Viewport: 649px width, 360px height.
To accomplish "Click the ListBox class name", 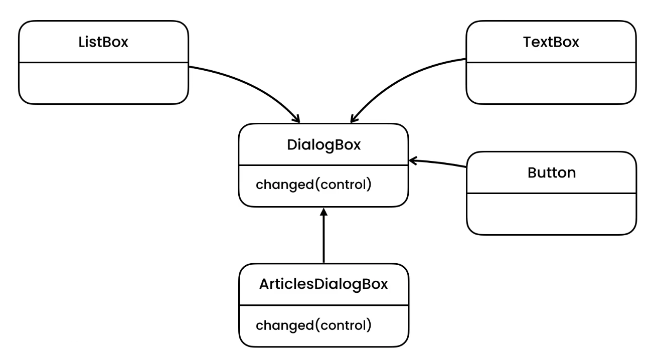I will [x=103, y=42].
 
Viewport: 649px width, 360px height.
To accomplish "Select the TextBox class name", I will [x=551, y=42].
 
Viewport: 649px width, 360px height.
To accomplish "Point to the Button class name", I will [x=551, y=173].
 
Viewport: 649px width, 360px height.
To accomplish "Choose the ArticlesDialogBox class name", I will [x=323, y=284].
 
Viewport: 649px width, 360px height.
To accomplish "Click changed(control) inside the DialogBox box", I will [x=313, y=185].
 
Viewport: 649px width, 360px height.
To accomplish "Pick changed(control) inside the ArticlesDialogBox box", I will [x=313, y=325].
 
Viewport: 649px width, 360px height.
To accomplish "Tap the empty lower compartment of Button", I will [x=551, y=214].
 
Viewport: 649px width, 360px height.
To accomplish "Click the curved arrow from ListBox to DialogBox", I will [x=251, y=83].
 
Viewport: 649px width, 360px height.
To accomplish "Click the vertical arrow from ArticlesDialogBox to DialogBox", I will [x=323, y=238].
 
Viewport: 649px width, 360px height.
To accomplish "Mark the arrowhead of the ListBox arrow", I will [x=296, y=119].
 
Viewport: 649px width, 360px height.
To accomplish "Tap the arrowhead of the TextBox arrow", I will [x=353, y=119].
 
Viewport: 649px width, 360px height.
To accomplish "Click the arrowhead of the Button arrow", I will [x=413, y=160].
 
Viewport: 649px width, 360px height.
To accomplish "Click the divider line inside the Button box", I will [x=551, y=193].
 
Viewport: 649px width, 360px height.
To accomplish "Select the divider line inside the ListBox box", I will [x=103, y=63].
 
